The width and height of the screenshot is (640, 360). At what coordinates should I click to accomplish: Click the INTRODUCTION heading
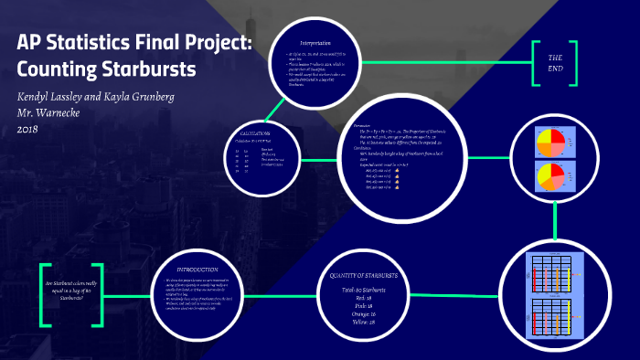pos(197,270)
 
